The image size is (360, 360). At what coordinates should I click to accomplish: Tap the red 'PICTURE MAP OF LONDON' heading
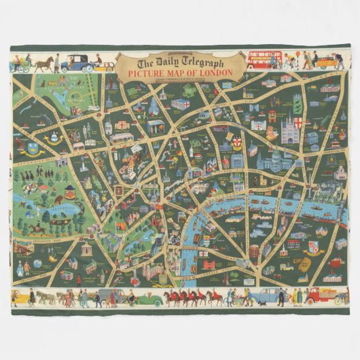pos(179,72)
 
